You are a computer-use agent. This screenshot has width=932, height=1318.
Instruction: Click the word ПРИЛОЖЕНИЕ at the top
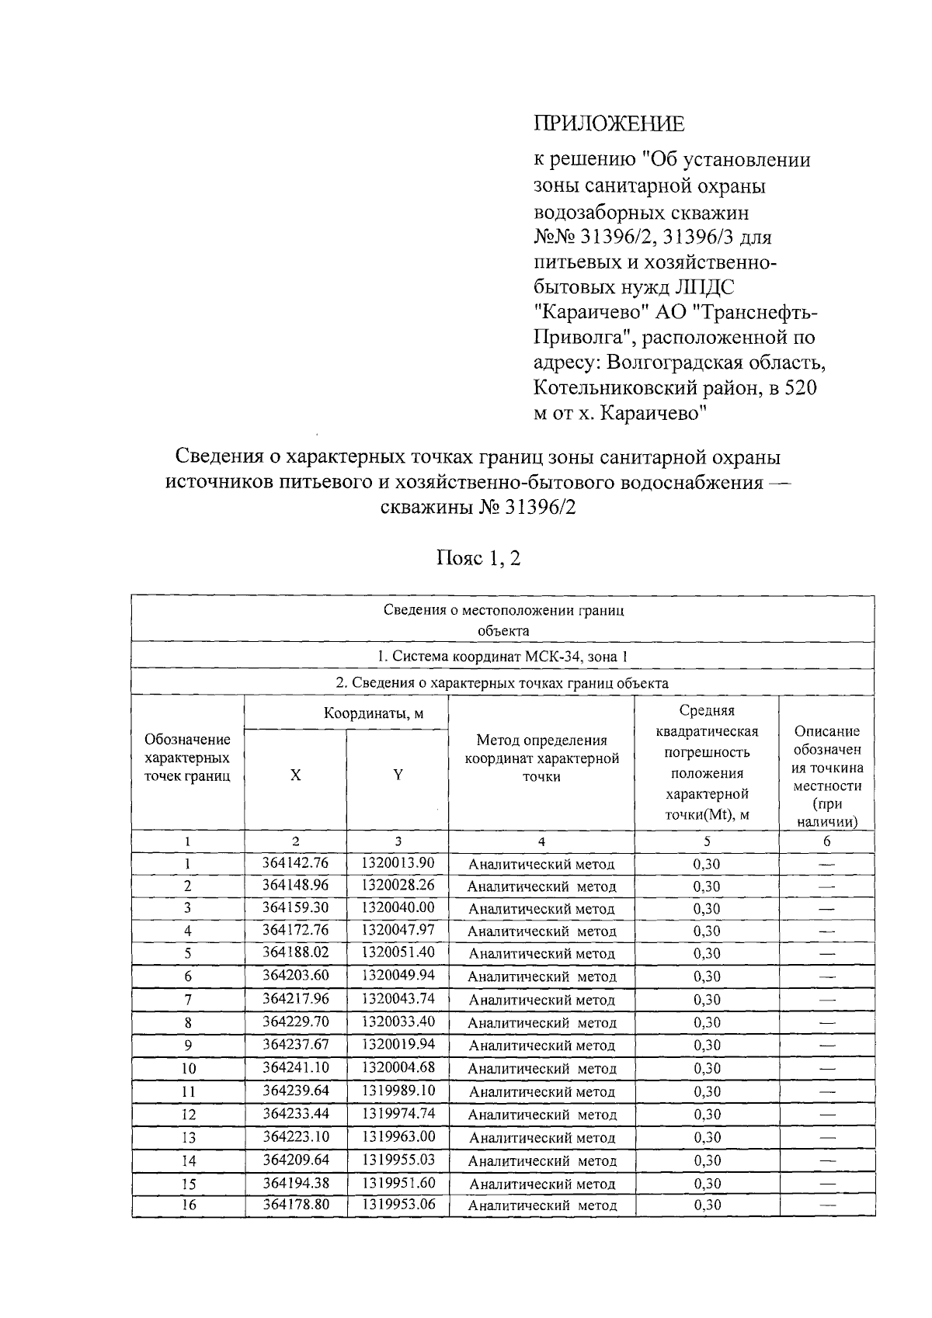(x=609, y=124)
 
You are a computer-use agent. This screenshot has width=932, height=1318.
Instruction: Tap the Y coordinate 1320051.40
(x=398, y=952)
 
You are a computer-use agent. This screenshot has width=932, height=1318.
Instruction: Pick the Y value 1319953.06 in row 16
(x=398, y=1205)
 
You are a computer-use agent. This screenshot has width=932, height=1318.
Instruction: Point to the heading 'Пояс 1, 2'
(x=478, y=558)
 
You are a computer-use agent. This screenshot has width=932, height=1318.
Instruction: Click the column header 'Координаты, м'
(x=374, y=713)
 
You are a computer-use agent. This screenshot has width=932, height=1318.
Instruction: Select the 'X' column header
(x=295, y=775)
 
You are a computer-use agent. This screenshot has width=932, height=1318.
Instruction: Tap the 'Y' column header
(x=398, y=775)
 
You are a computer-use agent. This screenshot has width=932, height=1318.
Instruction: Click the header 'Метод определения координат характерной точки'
(x=541, y=758)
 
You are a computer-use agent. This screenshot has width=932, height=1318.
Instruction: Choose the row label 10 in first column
(x=188, y=1069)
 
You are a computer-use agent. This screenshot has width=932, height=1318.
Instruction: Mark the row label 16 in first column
(x=188, y=1205)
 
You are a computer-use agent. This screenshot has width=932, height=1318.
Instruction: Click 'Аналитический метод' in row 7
(x=542, y=1000)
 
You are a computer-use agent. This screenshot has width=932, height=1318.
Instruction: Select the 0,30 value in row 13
(x=706, y=1137)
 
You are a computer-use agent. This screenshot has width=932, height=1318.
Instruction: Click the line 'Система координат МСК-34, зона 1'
(x=503, y=657)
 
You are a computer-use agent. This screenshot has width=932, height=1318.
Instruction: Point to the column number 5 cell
(x=706, y=841)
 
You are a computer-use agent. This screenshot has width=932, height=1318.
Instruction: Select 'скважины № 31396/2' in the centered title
(x=478, y=508)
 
